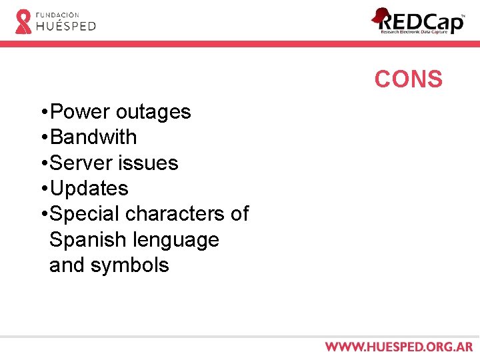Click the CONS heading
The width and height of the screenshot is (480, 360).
[x=408, y=79]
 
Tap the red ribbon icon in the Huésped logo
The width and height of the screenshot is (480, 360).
[x=23, y=21]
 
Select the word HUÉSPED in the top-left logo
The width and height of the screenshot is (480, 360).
[x=65, y=26]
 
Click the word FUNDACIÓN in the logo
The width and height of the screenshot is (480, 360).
[x=57, y=14]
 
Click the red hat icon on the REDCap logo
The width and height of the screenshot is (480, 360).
[x=381, y=15]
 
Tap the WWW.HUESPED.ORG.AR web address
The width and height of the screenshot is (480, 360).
[x=399, y=347]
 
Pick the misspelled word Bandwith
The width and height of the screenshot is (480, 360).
[x=93, y=137]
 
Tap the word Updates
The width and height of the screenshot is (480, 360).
[x=89, y=189]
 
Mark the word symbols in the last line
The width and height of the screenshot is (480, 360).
[x=129, y=265]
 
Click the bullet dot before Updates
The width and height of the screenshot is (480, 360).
[x=43, y=189]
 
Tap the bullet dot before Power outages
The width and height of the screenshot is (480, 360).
[x=43, y=112]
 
